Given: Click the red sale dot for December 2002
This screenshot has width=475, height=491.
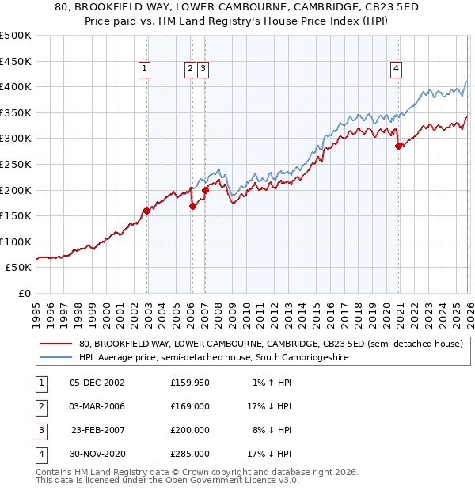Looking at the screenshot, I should pyautogui.click(x=146, y=211).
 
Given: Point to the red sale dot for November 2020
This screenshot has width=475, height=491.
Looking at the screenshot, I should pyautogui.click(x=398, y=146).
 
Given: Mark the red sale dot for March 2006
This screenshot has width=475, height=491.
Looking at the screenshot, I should pyautogui.click(x=192, y=206).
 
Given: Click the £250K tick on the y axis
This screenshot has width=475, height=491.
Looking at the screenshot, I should pyautogui.click(x=17, y=164).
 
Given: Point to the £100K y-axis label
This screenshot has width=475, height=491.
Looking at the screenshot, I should pyautogui.click(x=17, y=242).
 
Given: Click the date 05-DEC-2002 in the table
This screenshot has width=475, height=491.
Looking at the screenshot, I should pyautogui.click(x=97, y=383).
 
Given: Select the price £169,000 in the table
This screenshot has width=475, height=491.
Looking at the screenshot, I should pyautogui.click(x=190, y=407).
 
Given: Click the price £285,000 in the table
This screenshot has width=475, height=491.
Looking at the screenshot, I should pyautogui.click(x=190, y=454).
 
